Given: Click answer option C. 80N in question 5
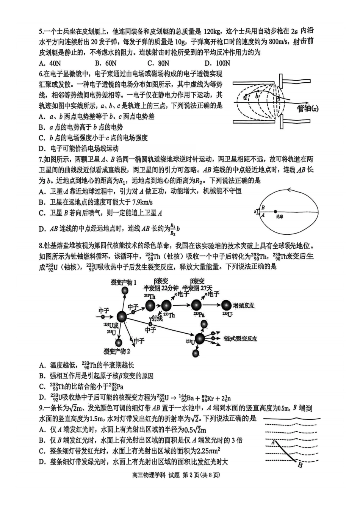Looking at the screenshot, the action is pyautogui.click(x=158, y=63).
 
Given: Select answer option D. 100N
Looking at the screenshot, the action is pyautogui.click(x=217, y=63).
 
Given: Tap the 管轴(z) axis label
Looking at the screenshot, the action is pyautogui.click(x=307, y=109).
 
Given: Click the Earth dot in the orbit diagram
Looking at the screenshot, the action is pyautogui.click(x=275, y=212).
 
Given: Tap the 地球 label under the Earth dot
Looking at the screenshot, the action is pyautogui.click(x=280, y=217).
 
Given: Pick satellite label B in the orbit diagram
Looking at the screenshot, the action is pyautogui.click(x=263, y=207).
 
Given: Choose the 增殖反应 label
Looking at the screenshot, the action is pyautogui.click(x=244, y=306).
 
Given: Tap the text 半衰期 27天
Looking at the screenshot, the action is pyautogui.click(x=197, y=288).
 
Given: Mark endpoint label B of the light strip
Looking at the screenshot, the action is pyautogui.click(x=300, y=465).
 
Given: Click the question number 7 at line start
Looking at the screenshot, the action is pyautogui.click(x=41, y=159).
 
